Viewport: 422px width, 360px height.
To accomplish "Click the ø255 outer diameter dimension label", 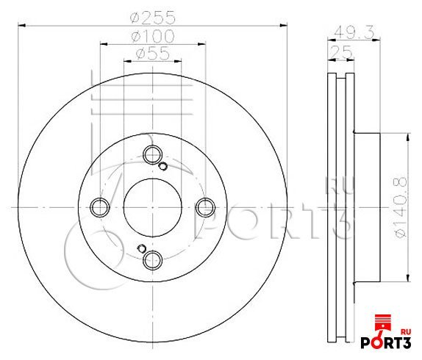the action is (x=152, y=18).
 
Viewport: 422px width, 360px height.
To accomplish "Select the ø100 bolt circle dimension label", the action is (x=153, y=36).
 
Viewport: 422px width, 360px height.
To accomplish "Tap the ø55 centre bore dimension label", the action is (x=153, y=53).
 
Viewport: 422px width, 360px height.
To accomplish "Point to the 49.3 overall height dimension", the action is (x=354, y=33).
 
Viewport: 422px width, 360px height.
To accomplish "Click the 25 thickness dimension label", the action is (x=340, y=52).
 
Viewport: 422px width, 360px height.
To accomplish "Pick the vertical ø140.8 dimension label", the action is (x=401, y=207).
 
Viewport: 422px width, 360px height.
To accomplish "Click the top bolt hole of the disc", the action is (x=153, y=154).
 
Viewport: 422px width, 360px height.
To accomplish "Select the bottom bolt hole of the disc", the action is (x=153, y=260).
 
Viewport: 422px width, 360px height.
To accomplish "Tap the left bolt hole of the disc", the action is (x=100, y=207).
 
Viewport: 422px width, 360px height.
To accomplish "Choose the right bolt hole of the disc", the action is (x=205, y=207).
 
